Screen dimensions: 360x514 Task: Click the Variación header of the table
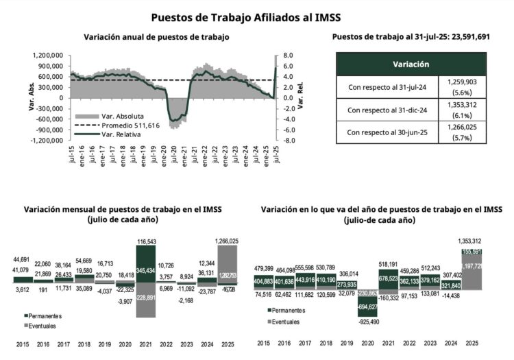[411, 64]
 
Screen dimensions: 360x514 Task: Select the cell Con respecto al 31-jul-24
[387, 87]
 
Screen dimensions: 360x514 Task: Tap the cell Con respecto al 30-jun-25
[387, 131]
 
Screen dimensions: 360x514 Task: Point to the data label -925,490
[368, 321]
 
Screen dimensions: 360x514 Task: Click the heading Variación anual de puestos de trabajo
[156, 37]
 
